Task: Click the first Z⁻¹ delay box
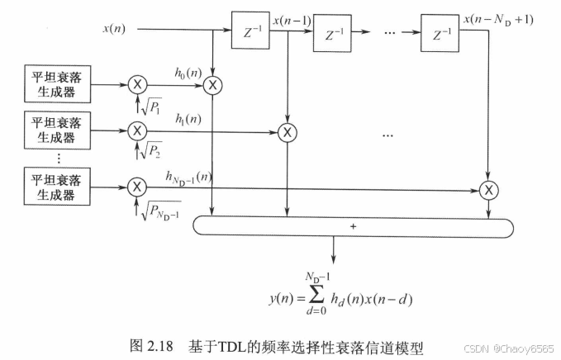point(248,34)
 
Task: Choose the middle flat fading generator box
point(56,130)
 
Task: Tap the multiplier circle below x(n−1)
point(287,130)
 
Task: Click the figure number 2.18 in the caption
point(169,341)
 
